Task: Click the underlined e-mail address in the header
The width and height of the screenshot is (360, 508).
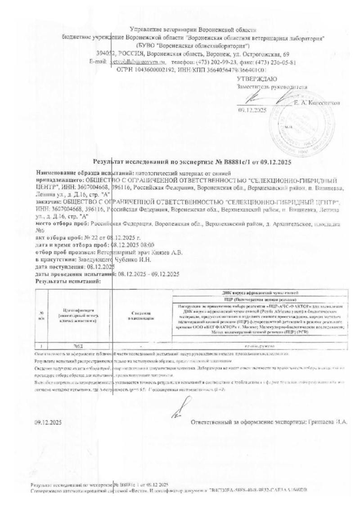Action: [x=135, y=62]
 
